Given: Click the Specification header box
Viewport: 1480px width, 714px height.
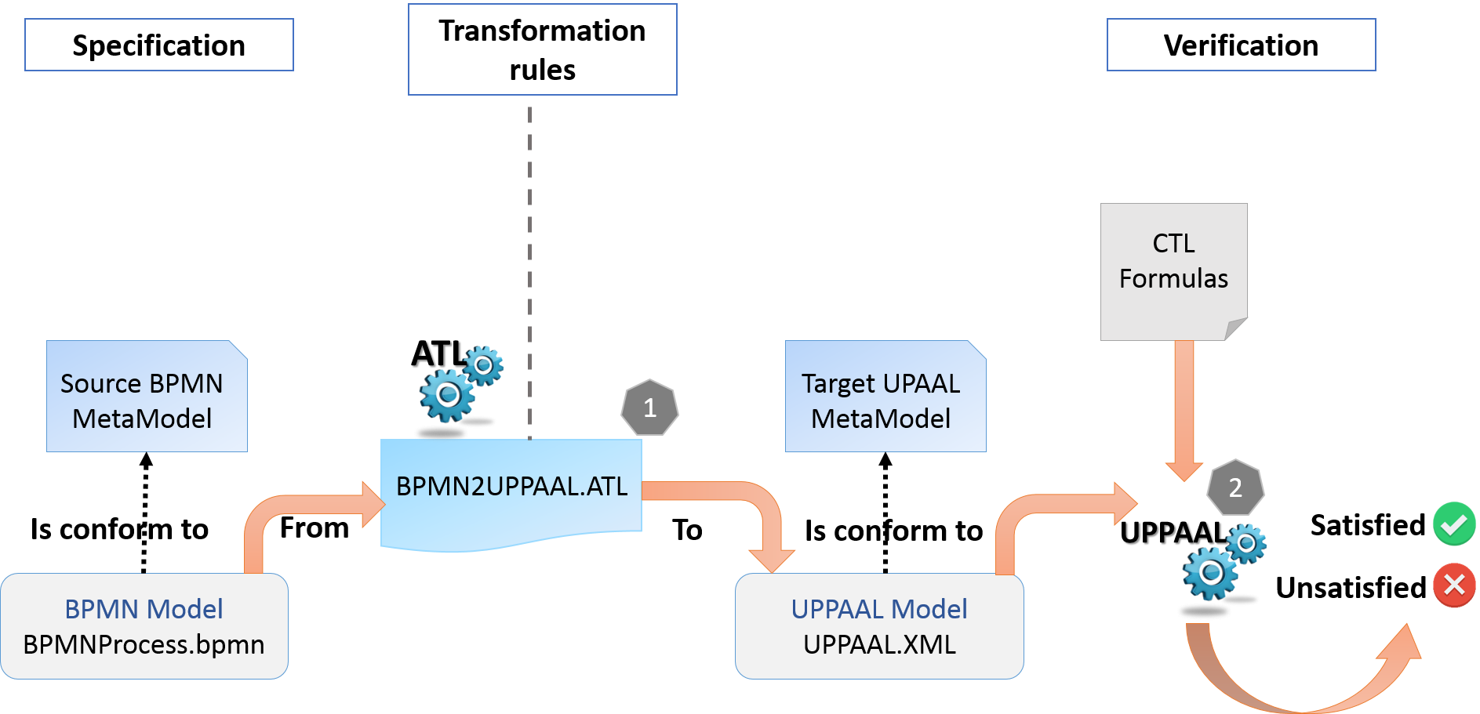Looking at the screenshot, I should (x=158, y=45).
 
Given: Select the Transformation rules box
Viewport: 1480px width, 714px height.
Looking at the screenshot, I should (x=542, y=50).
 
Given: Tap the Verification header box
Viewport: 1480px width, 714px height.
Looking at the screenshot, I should (x=1241, y=45).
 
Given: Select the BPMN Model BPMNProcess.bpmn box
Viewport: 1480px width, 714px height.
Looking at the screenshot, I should (x=144, y=626).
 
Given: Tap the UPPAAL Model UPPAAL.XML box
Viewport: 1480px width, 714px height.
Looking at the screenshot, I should (x=879, y=626).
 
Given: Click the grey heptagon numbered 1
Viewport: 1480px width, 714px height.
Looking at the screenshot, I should (x=649, y=408).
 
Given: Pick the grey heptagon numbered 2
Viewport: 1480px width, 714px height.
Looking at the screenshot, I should (x=1235, y=487).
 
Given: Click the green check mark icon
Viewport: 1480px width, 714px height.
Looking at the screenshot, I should (x=1454, y=524).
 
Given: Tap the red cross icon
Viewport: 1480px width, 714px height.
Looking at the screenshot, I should (x=1454, y=585).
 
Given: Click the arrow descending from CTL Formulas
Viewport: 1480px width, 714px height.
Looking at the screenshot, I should (x=1184, y=408).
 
